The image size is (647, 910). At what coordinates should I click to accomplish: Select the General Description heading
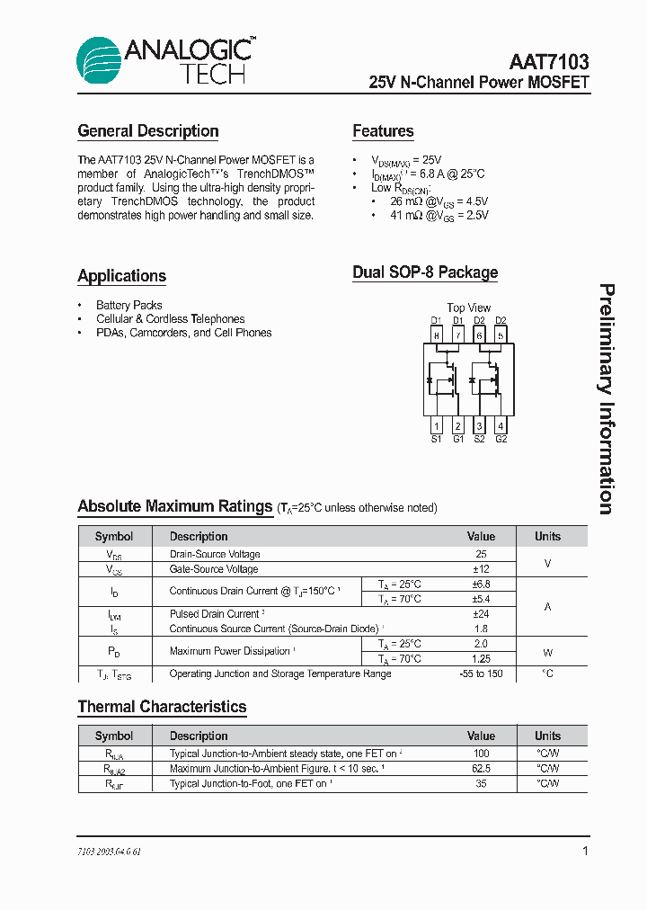point(148,131)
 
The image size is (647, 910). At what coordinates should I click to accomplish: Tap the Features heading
point(383,131)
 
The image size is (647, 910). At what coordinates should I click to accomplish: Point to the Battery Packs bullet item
point(129,305)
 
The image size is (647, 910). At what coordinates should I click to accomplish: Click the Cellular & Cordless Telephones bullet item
point(170,318)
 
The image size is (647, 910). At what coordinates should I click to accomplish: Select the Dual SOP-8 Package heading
point(425,272)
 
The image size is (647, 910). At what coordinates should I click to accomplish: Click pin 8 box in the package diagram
point(436,335)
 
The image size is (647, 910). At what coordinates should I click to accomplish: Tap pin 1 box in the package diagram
point(436,425)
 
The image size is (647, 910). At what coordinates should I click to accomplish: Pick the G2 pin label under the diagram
point(501,439)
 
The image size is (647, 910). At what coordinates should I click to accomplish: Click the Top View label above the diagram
point(468,308)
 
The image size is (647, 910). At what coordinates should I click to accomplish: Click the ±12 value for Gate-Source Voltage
point(481,569)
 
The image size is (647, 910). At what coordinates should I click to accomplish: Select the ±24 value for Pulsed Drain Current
point(481,614)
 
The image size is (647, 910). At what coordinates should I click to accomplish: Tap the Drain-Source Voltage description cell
point(215,554)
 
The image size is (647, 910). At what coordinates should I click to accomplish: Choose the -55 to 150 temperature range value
point(481,674)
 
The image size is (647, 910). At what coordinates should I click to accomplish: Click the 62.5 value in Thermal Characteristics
point(481,769)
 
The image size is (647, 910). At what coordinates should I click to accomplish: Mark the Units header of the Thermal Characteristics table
point(547,736)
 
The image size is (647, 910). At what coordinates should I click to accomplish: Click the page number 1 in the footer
point(585,851)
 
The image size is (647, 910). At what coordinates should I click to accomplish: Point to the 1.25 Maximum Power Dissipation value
point(481,659)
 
